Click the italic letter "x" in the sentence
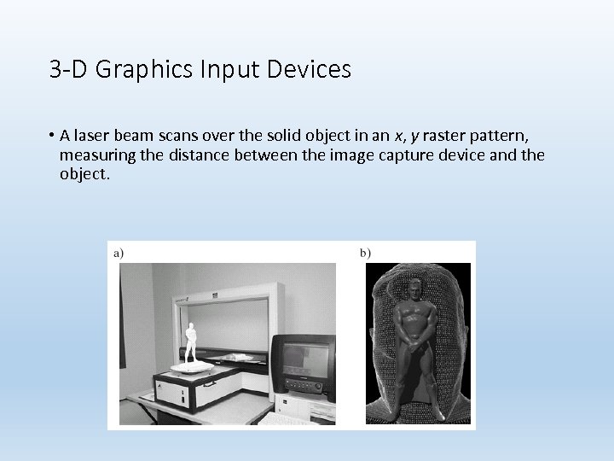point(398,137)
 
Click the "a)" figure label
point(117,252)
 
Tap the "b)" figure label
point(365,252)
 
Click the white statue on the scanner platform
point(191,341)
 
